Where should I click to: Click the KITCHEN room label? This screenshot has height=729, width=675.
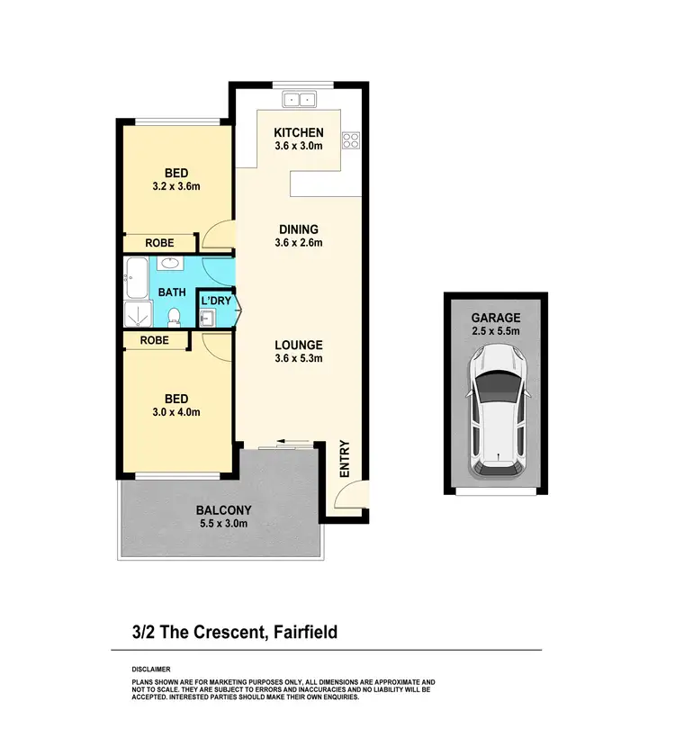tap(298, 132)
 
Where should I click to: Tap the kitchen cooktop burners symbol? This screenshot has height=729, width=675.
tap(349, 139)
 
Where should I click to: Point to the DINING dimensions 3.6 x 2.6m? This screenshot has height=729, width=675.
tap(298, 242)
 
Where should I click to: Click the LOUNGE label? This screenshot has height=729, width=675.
tap(298, 345)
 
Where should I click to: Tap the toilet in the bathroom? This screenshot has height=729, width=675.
tap(174, 316)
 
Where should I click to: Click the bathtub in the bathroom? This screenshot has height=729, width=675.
tap(137, 278)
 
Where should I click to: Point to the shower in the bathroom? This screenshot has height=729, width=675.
tap(138, 314)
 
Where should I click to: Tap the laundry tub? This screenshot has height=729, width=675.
tap(206, 317)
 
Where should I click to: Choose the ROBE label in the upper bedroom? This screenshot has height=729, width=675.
tap(159, 243)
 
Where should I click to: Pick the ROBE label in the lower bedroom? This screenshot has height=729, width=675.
tap(155, 340)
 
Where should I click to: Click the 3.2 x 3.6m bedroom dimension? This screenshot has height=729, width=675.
tap(175, 186)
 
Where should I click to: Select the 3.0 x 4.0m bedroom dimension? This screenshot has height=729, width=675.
tap(175, 412)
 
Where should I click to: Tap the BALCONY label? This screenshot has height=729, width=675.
tap(223, 510)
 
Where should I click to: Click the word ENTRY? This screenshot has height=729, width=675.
tap(345, 458)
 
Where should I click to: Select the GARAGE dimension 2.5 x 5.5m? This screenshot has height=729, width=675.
tap(497, 332)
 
